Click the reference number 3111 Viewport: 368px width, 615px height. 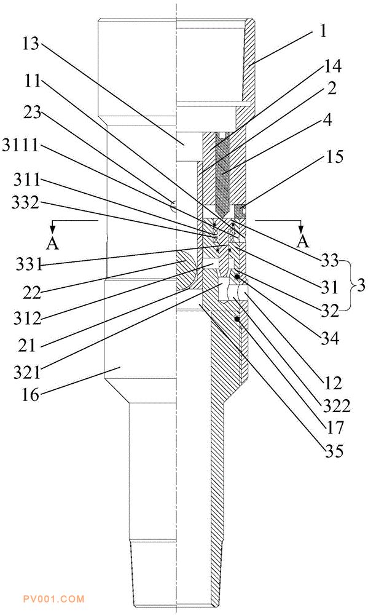coord(20,146)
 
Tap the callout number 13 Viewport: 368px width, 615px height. coord(30,44)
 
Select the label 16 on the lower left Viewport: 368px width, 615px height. coord(30,395)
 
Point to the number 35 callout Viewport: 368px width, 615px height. coord(334,451)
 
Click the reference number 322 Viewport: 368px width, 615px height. coord(336,407)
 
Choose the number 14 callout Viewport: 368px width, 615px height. coord(332,66)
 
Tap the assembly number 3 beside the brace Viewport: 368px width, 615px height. coord(361,285)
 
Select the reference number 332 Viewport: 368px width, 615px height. coord(25,203)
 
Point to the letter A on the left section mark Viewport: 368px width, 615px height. coord(52,244)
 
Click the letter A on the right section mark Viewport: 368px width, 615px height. coord(302,242)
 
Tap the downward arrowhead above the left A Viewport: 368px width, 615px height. coord(53,229)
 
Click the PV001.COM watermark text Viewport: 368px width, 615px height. coord(53,599)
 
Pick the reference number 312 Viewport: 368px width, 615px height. coord(27,319)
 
